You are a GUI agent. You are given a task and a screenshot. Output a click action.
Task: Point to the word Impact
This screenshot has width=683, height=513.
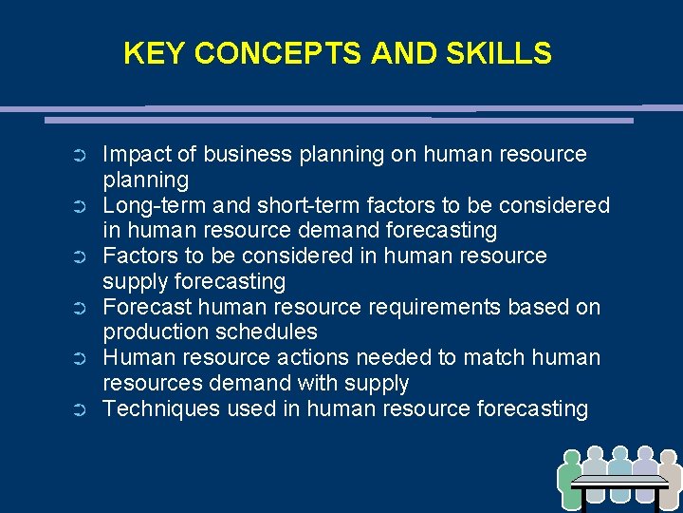[x=132, y=155]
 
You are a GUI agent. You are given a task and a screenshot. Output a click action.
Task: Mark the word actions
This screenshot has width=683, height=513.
[x=315, y=358]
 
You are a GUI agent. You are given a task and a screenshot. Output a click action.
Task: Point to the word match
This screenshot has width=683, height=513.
[x=497, y=358]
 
